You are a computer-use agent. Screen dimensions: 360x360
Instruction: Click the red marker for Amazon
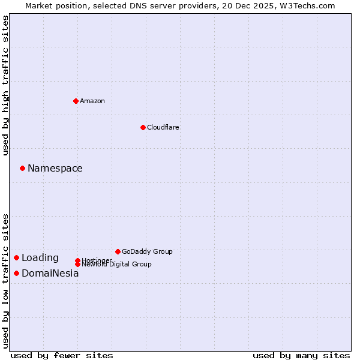coord(76,101)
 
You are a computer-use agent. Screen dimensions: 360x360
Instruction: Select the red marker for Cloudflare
coord(143,127)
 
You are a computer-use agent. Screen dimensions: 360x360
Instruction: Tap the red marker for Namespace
coord(22,169)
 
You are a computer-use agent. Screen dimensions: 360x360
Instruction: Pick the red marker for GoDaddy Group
coord(118,251)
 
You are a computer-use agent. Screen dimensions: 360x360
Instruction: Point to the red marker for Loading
coord(16,258)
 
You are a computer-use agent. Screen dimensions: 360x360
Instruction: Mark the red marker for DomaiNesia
coord(16,274)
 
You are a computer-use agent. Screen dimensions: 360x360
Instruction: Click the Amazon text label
coord(92,101)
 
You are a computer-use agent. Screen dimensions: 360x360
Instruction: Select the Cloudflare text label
coord(163,127)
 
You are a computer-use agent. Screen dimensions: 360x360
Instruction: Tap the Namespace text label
coord(55,169)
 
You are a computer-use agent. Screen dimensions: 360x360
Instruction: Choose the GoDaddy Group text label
coord(147,251)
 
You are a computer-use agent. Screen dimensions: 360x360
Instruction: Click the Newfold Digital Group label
coord(116,265)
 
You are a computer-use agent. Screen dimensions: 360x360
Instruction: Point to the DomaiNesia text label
coord(50,274)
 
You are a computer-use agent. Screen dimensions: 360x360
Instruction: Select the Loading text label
coord(40,258)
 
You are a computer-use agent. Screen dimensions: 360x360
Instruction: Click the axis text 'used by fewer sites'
coord(62,355)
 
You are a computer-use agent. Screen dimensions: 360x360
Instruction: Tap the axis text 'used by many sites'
coord(301,355)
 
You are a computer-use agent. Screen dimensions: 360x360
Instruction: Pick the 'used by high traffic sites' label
coord(6,85)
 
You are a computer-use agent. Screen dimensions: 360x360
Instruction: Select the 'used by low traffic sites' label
coord(6,281)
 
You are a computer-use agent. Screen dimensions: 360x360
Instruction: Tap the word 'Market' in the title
coord(38,5)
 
